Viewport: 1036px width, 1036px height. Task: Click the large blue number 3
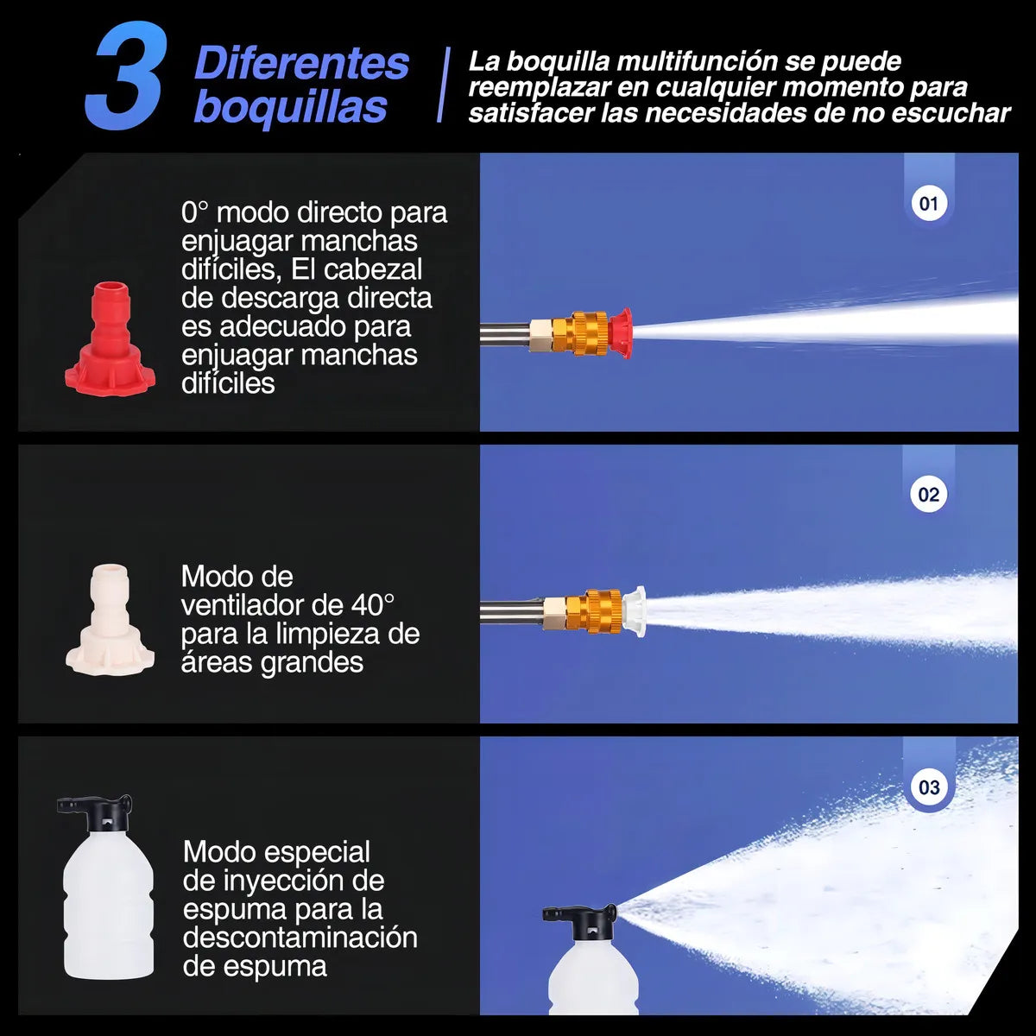[x=125, y=75]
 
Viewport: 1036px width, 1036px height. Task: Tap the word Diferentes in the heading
[x=301, y=63]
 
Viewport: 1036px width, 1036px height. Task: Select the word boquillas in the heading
[x=290, y=107]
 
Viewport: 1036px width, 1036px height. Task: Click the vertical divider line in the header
[x=444, y=85]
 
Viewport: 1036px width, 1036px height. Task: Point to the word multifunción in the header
[x=698, y=61]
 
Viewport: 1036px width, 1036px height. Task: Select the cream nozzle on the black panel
[x=111, y=619]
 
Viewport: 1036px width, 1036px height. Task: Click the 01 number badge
[x=928, y=204]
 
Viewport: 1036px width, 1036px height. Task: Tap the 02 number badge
[x=928, y=495]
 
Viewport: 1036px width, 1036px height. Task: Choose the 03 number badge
[x=928, y=787]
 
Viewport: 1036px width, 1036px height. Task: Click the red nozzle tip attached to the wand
[x=620, y=330]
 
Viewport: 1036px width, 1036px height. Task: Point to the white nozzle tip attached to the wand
[x=634, y=611]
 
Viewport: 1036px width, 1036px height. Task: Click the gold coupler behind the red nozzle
[x=590, y=332]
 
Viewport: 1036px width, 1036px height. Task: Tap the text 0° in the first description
[x=194, y=212]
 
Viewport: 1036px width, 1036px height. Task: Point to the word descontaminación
[x=300, y=937]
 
